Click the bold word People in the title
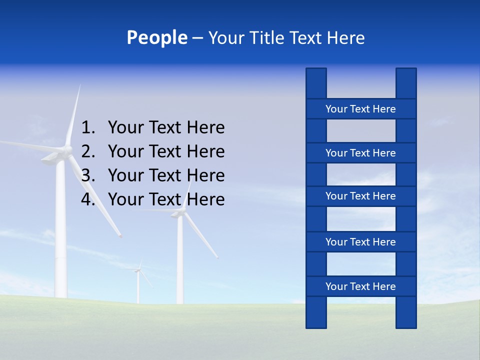[x=156, y=38]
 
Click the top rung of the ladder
[x=360, y=109]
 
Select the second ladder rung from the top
[x=360, y=153]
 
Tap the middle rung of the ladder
[x=360, y=196]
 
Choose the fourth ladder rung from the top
[x=360, y=242]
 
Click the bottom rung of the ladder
[x=360, y=286]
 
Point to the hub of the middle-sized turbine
[x=179, y=213]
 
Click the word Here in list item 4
[x=205, y=199]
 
